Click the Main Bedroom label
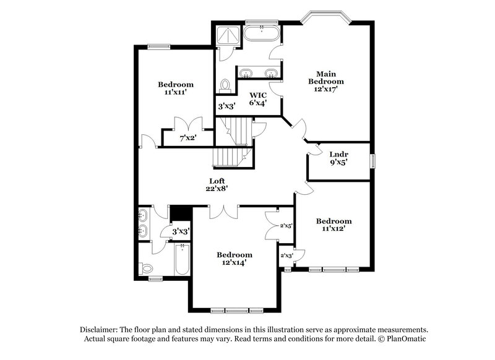[x=326, y=77]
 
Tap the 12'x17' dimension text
[x=326, y=88]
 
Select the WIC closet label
[x=258, y=95]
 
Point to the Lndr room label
[x=338, y=154]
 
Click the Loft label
[x=216, y=181]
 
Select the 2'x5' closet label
[x=286, y=226]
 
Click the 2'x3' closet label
[x=286, y=255]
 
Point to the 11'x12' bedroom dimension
[x=334, y=228]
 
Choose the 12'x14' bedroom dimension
[x=235, y=262]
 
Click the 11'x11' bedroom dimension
[x=175, y=92]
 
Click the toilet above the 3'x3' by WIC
[x=226, y=84]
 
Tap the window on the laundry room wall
[x=373, y=161]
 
